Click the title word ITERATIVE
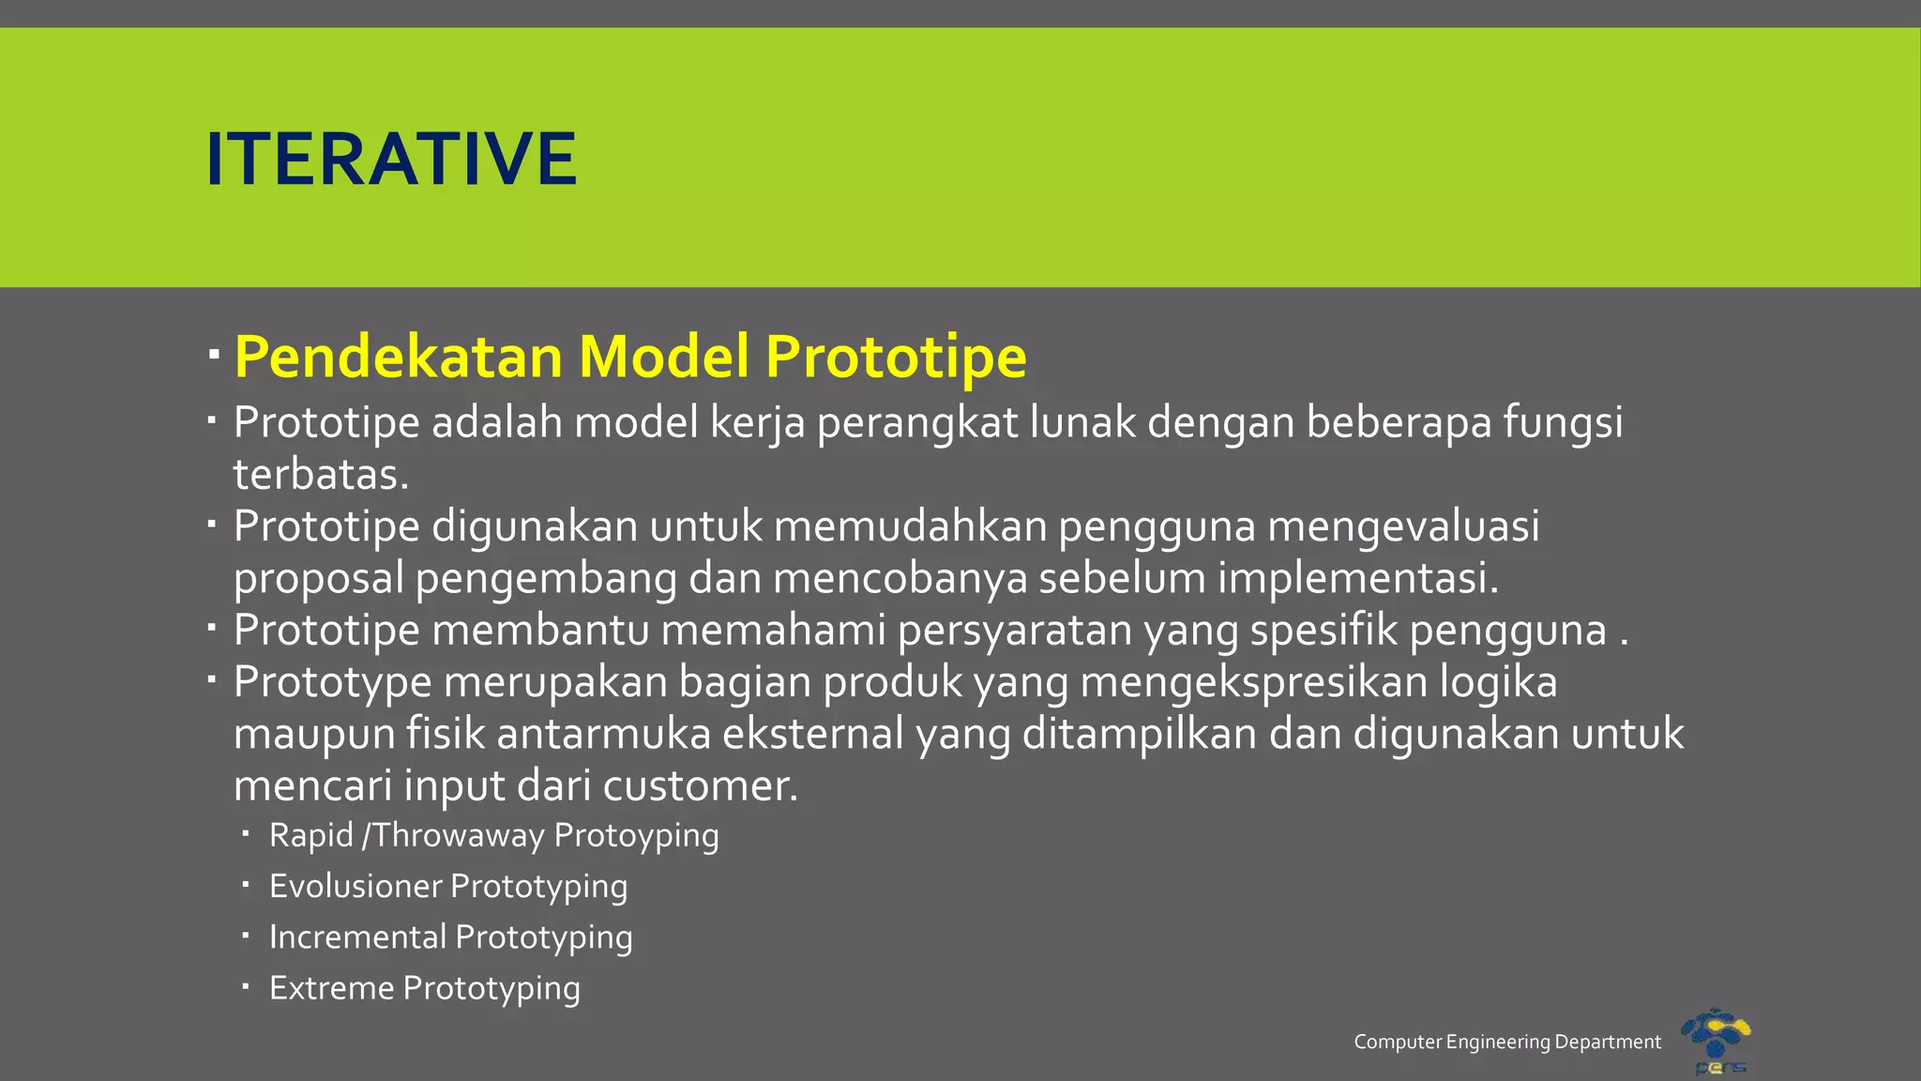click(x=390, y=160)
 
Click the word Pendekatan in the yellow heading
click(x=399, y=358)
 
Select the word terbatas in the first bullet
click(x=320, y=475)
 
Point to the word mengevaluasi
click(x=1403, y=526)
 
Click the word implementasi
click(x=1357, y=578)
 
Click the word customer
click(x=700, y=785)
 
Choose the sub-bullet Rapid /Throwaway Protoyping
click(x=493, y=835)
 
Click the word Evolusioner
click(x=355, y=886)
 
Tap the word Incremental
click(x=357, y=936)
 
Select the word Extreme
click(x=331, y=988)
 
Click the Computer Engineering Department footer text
click(x=1507, y=1042)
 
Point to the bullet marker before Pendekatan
click(x=214, y=355)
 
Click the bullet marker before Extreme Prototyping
click(x=245, y=986)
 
